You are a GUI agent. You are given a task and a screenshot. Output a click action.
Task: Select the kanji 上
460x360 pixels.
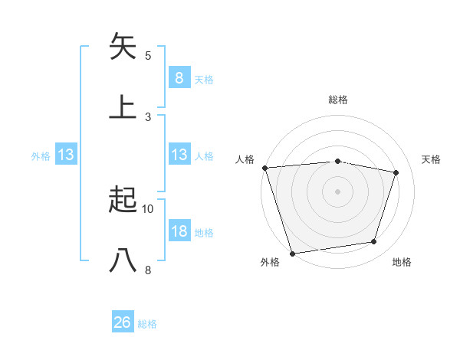tap(123, 106)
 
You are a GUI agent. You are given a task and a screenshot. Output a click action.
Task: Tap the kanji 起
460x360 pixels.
tap(123, 201)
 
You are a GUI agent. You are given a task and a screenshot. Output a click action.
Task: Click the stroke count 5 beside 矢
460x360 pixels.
tap(148, 56)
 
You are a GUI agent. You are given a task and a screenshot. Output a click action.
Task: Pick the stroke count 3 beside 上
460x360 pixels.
tap(148, 116)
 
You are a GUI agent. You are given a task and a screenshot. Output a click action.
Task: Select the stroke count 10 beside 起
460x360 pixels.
tap(148, 208)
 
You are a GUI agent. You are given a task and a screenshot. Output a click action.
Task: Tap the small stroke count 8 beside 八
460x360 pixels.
tap(148, 270)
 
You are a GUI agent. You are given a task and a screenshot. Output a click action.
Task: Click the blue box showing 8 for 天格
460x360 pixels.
tap(179, 77)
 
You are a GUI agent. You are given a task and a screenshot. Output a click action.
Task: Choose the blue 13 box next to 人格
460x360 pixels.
tap(179, 155)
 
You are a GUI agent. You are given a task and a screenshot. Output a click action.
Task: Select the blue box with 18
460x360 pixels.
tap(179, 231)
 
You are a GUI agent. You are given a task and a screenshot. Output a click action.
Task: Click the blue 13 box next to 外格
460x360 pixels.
tap(66, 155)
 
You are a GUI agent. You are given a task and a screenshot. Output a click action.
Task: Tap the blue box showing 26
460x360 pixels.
tap(123, 322)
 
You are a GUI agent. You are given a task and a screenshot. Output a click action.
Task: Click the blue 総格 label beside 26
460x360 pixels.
tap(147, 324)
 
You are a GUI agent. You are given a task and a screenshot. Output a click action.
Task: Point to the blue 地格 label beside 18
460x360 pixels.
tap(204, 233)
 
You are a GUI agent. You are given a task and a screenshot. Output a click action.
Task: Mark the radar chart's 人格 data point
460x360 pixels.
tap(264, 168)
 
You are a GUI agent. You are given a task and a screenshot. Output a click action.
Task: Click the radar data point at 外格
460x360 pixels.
tap(292, 253)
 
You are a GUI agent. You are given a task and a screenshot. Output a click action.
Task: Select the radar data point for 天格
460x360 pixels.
tap(396, 172)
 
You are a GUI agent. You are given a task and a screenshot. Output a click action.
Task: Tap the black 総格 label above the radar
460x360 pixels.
tap(337, 100)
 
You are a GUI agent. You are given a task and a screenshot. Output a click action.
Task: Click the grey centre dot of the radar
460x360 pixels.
tap(337, 191)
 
